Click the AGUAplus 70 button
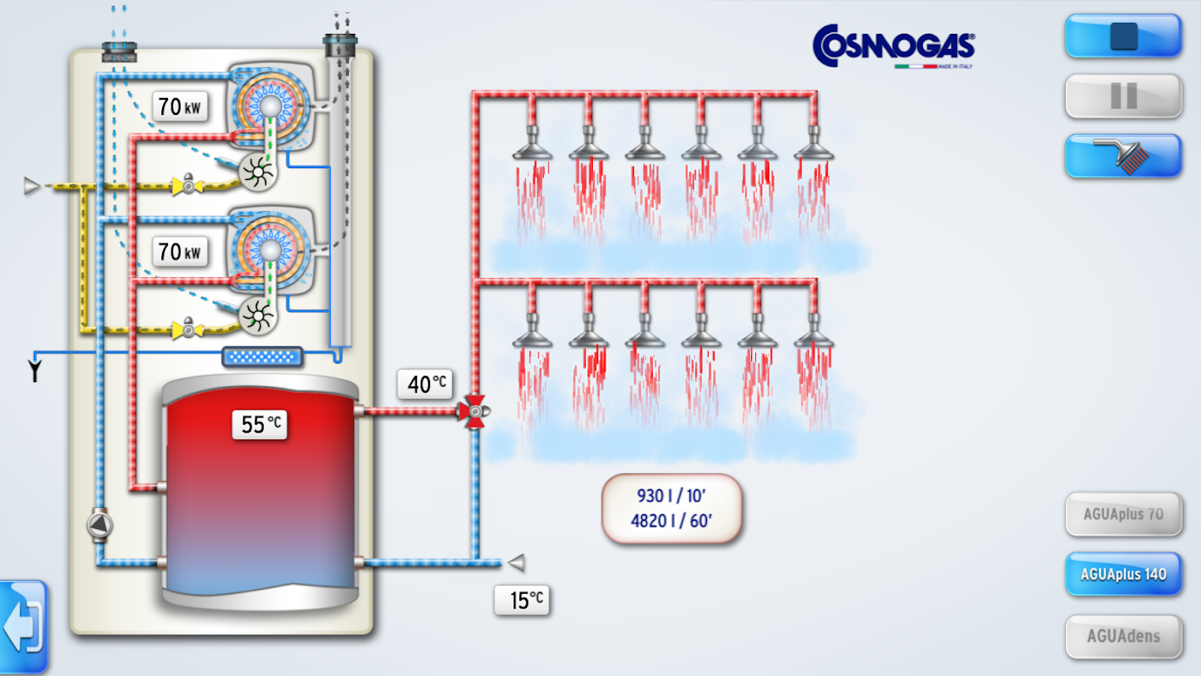pos(1123,514)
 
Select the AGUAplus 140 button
pos(1123,575)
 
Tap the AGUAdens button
pos(1123,636)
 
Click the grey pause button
pos(1123,96)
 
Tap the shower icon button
pos(1123,156)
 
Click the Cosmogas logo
pos(894,46)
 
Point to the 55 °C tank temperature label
pos(259,424)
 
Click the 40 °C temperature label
pos(426,384)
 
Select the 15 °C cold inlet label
pos(523,600)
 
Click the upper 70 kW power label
pos(180,106)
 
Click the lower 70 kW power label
pos(180,251)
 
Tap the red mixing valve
pos(475,412)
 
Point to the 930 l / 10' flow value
pos(671,495)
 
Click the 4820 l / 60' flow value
pos(671,521)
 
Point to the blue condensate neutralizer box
pos(262,357)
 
